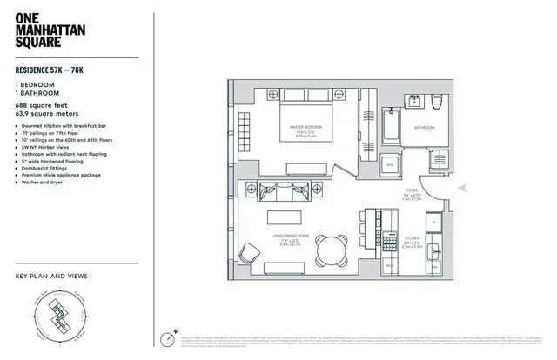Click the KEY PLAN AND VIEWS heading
(51, 277)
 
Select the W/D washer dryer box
(390, 163)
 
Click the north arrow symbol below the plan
(169, 337)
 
